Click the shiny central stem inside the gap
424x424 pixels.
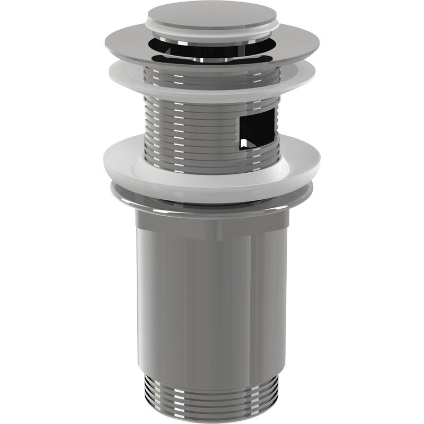(212, 55)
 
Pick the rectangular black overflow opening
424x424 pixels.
(258, 127)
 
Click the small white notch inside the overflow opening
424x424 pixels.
(244, 143)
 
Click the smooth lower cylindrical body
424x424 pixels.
(212, 297)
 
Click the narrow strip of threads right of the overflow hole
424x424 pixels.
(277, 127)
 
